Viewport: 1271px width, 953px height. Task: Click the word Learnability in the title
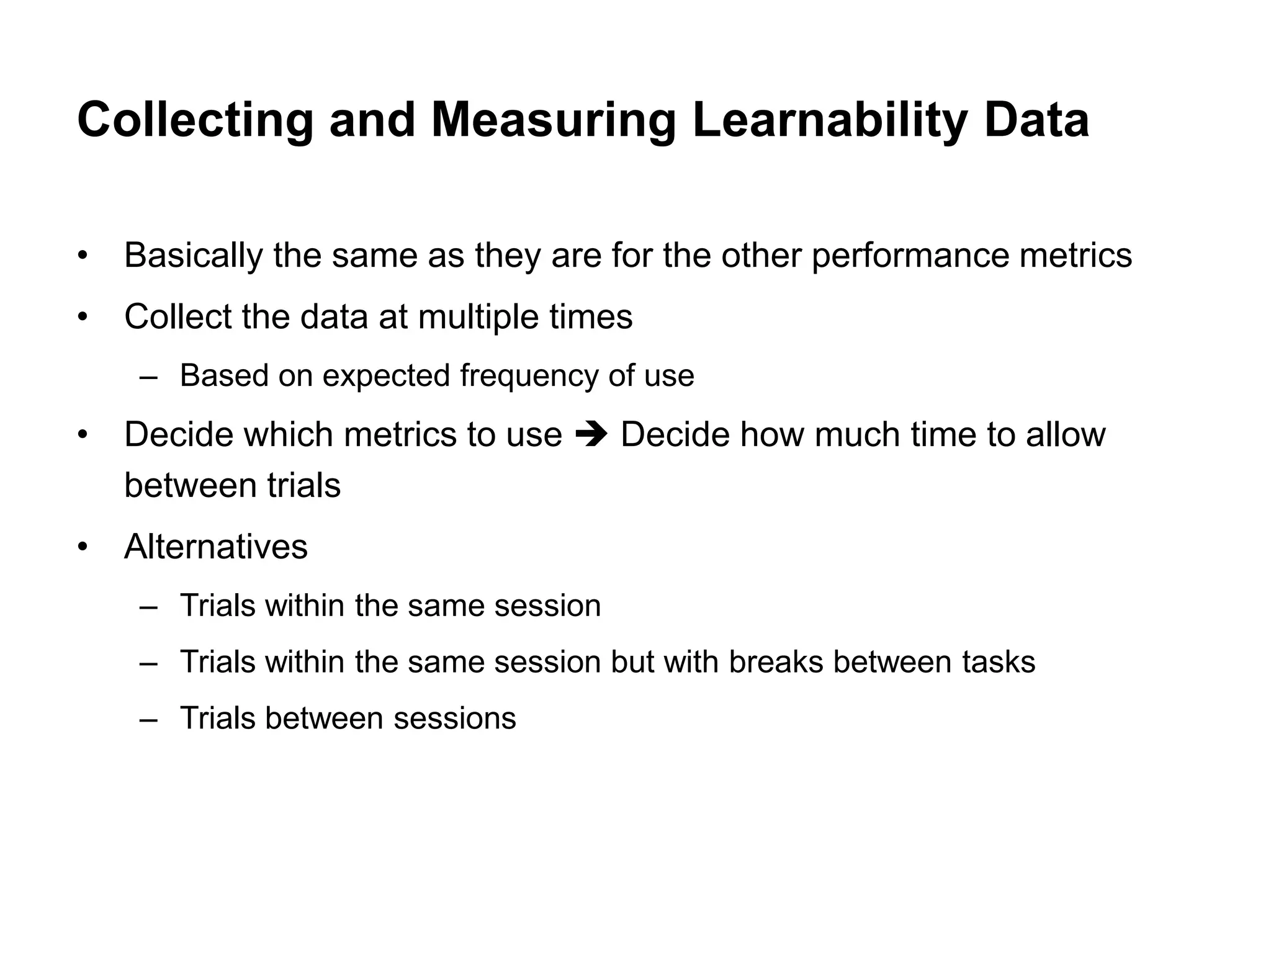829,121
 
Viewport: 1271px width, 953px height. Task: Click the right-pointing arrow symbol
591,434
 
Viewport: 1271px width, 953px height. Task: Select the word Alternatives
215,547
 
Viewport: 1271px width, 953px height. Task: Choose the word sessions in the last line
454,718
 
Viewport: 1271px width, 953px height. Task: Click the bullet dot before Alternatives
83,548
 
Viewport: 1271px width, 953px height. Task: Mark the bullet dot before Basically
83,256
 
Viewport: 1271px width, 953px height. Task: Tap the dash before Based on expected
149,377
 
